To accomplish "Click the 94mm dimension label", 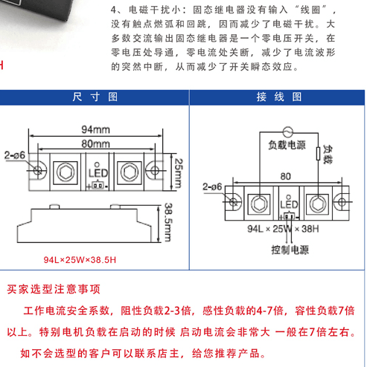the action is (95, 129).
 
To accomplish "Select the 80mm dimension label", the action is (95, 144).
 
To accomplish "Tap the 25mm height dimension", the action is (179, 173).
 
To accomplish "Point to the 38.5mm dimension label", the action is (168, 222).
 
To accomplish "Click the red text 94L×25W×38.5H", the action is (80, 260).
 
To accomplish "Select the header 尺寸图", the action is (95, 97).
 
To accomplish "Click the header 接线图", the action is (279, 97).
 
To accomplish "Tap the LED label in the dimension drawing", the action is (98, 173).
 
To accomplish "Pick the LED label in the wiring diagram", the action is (289, 204).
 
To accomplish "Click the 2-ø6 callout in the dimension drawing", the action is (15, 155).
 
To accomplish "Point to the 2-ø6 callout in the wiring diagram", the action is (212, 186).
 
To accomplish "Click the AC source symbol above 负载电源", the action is (288, 132).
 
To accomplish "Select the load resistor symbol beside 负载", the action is (319, 154).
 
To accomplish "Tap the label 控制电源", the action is (290, 250).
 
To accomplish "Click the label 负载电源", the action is (287, 145).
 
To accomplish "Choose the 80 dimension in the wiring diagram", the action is (286, 176).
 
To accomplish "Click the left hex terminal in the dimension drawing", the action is (66, 172).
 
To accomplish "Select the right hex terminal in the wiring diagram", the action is (317, 204).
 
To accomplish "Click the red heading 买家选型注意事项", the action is (54, 289).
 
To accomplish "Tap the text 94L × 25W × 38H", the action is (283, 229).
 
